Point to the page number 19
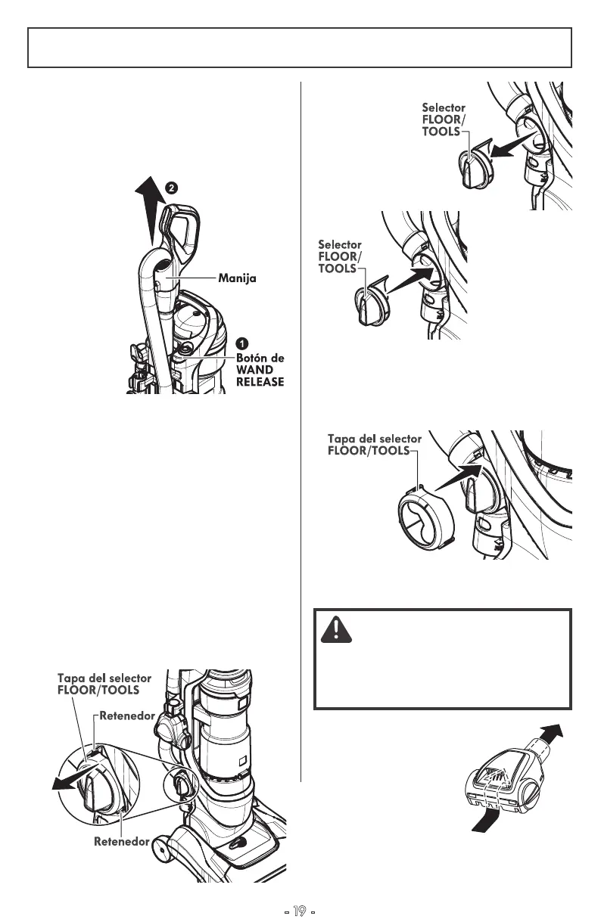(x=300, y=905)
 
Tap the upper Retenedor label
(x=126, y=715)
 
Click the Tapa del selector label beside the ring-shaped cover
(x=375, y=445)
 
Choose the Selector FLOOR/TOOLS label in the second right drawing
(x=339, y=257)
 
